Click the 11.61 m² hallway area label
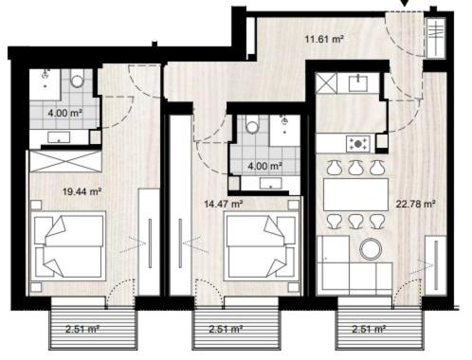324,40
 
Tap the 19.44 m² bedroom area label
82,191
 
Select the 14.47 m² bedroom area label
224,204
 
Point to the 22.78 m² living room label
416,204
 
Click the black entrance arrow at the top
405,3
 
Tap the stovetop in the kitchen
358,144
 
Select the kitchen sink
358,82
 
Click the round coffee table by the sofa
372,249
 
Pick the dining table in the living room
355,194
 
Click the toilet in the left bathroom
77,79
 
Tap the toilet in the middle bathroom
252,125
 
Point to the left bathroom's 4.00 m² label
65,113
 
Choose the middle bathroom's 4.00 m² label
264,166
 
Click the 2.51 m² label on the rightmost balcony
369,329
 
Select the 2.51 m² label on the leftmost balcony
82,329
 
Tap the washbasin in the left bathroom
59,137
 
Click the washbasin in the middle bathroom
271,184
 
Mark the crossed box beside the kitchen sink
327,82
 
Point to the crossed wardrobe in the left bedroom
65,161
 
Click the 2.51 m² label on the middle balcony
226,329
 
